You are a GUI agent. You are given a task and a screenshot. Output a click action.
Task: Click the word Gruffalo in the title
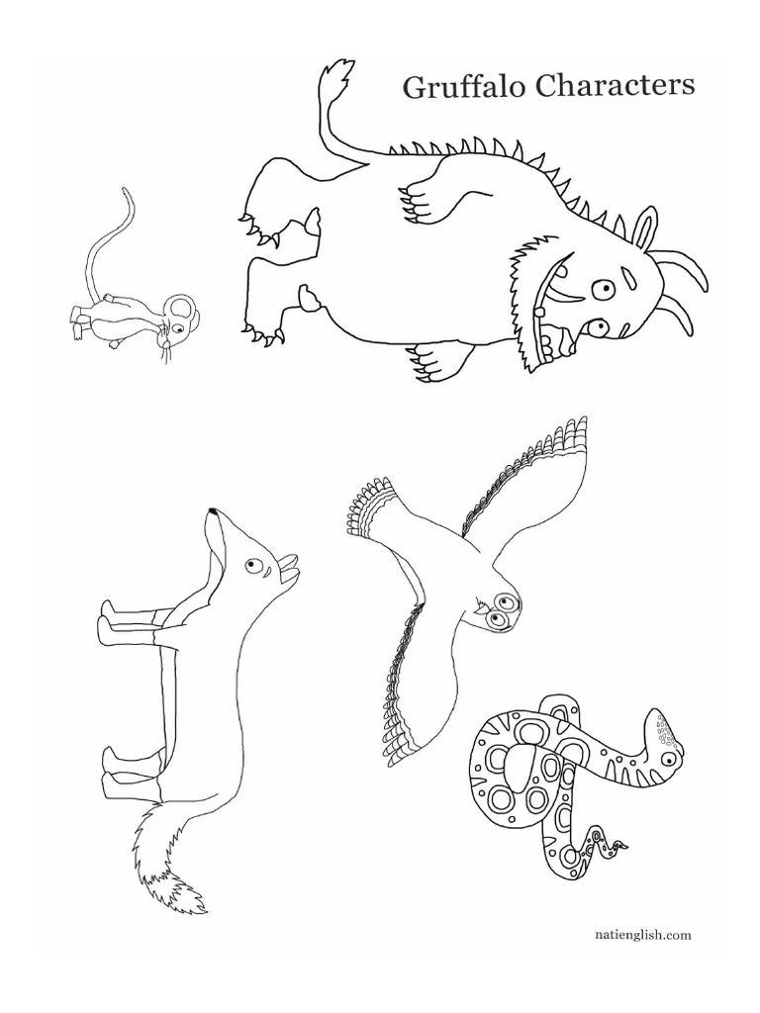[463, 87]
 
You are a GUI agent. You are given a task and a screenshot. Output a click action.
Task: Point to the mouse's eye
[178, 319]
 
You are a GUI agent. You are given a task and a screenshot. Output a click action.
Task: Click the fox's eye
[253, 566]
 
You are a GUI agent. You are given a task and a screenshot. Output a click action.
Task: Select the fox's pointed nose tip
[212, 512]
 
